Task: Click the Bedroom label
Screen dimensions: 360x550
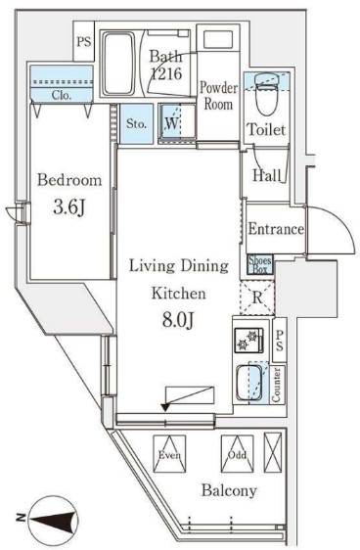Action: coord(69,180)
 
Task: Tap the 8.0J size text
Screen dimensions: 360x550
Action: coord(178,319)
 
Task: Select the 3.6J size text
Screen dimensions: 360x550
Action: coord(69,206)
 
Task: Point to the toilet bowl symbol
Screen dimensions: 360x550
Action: coord(266,94)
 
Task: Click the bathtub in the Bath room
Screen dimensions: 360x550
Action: coord(118,64)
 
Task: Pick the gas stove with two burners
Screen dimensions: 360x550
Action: coord(249,340)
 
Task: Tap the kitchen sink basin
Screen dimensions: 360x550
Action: coord(247,383)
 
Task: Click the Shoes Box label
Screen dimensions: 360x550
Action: coord(260,265)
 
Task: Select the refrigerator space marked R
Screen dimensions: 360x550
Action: coord(257,298)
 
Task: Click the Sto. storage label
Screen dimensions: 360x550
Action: coord(136,124)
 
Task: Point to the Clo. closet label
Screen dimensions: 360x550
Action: coord(62,95)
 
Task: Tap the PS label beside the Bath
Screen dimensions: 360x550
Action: coord(84,42)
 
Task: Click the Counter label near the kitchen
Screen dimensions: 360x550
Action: coord(277,386)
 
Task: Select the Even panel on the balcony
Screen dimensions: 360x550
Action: coord(169,454)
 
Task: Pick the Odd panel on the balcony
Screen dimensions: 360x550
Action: coord(237,454)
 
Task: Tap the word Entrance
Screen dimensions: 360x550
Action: coord(276,229)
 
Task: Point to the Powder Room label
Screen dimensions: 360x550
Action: coord(219,96)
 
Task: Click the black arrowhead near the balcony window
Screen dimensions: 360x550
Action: coord(165,407)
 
